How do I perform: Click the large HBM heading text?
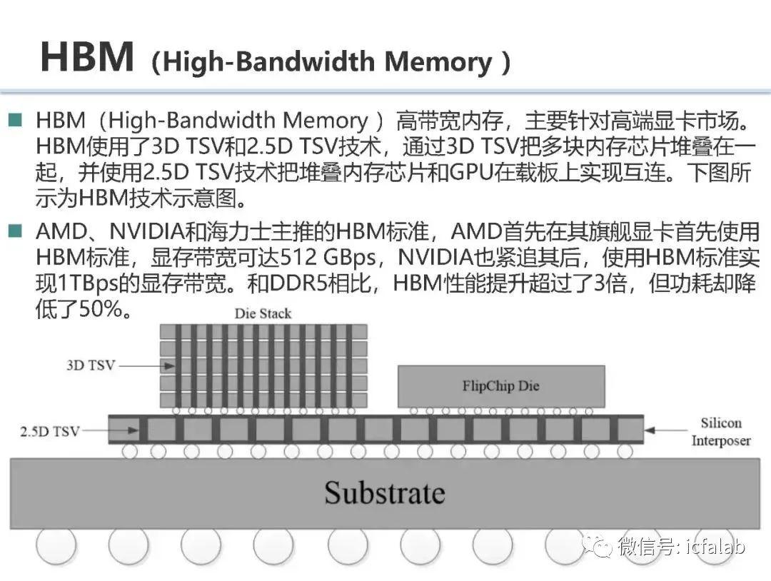[87, 57]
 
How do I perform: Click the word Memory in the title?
[438, 62]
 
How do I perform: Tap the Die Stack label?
[263, 313]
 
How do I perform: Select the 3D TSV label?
[91, 365]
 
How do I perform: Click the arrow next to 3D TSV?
[146, 365]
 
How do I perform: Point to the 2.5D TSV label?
[50, 432]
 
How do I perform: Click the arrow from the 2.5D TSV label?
[110, 430]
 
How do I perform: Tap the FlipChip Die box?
[501, 386]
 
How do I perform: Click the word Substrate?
[385, 492]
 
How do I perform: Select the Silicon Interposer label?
[721, 432]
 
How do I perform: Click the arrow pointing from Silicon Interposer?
[665, 430]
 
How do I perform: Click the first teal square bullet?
[16, 120]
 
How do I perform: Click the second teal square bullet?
[16, 231]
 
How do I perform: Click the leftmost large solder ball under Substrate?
[56, 546]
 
